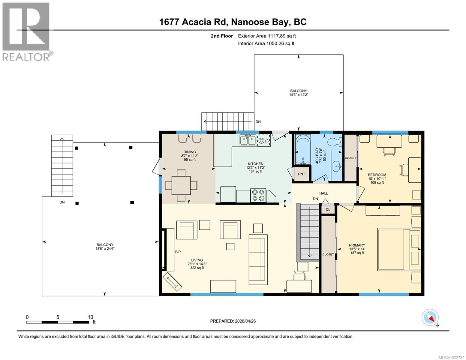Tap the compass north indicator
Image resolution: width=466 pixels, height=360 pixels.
[430, 318]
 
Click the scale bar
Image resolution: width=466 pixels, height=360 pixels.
[58, 322]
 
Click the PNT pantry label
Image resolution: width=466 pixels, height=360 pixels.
[301, 174]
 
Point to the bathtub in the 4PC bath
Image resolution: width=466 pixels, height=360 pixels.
[303, 149]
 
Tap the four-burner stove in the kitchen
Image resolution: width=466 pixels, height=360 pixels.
[258, 195]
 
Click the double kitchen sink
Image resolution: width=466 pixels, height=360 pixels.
[248, 140]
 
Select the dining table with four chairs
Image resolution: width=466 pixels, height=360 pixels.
[181, 185]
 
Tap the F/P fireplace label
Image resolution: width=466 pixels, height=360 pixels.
[178, 252]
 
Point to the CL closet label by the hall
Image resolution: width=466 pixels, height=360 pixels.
[328, 209]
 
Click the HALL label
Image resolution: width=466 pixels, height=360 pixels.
[323, 193]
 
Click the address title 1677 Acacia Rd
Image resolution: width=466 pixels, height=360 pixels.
[233, 22]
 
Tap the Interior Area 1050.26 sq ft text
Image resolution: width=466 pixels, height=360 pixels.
[266, 43]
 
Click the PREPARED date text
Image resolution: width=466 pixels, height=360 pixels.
[233, 321]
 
